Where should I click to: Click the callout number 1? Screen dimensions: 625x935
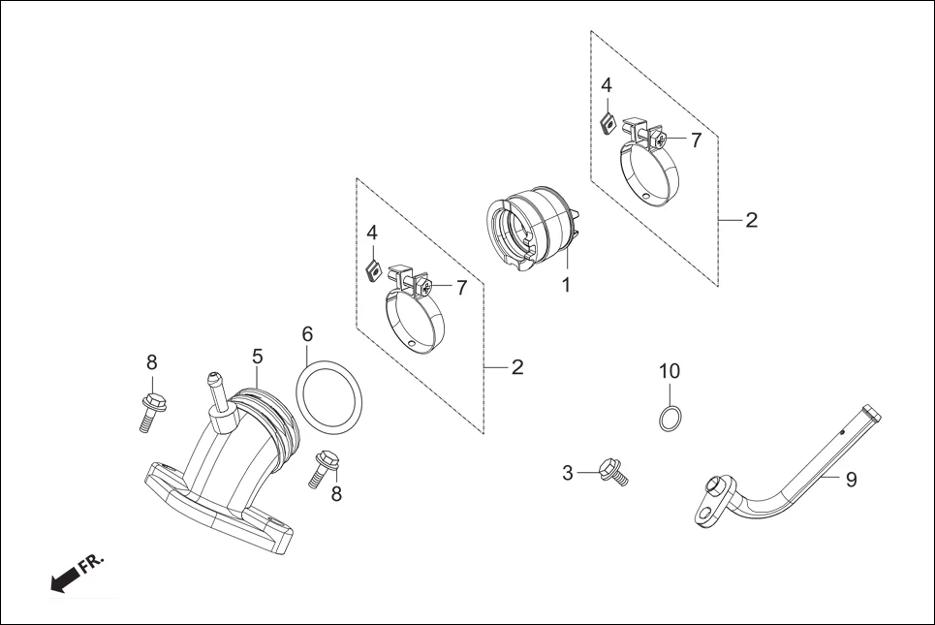565,286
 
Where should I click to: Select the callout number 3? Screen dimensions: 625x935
568,473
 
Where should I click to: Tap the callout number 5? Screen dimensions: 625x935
257,357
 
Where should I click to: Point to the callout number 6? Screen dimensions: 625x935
307,333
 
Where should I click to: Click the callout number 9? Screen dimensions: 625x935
851,480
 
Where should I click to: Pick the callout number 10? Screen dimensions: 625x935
670,370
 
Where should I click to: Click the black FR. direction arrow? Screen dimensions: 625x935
64,579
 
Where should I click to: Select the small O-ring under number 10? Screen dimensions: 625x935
670,419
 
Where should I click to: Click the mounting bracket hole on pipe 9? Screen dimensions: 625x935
716,486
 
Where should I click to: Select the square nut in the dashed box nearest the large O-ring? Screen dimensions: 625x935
371,269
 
